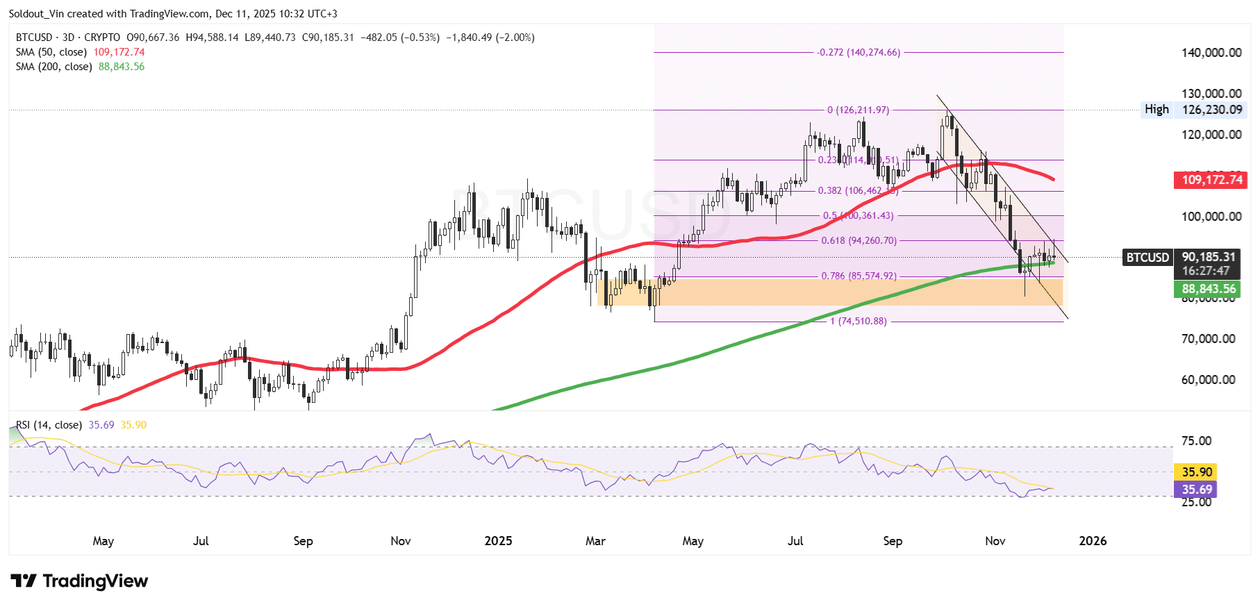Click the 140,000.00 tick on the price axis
point(1211,53)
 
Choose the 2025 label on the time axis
point(498,541)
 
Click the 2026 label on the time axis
point(1092,541)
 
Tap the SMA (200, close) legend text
point(54,67)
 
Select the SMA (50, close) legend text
point(51,52)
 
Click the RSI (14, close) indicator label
point(49,425)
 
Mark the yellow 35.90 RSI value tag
point(1196,472)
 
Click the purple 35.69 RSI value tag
point(1196,490)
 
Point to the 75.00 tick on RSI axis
point(1195,441)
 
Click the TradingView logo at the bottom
point(79,581)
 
